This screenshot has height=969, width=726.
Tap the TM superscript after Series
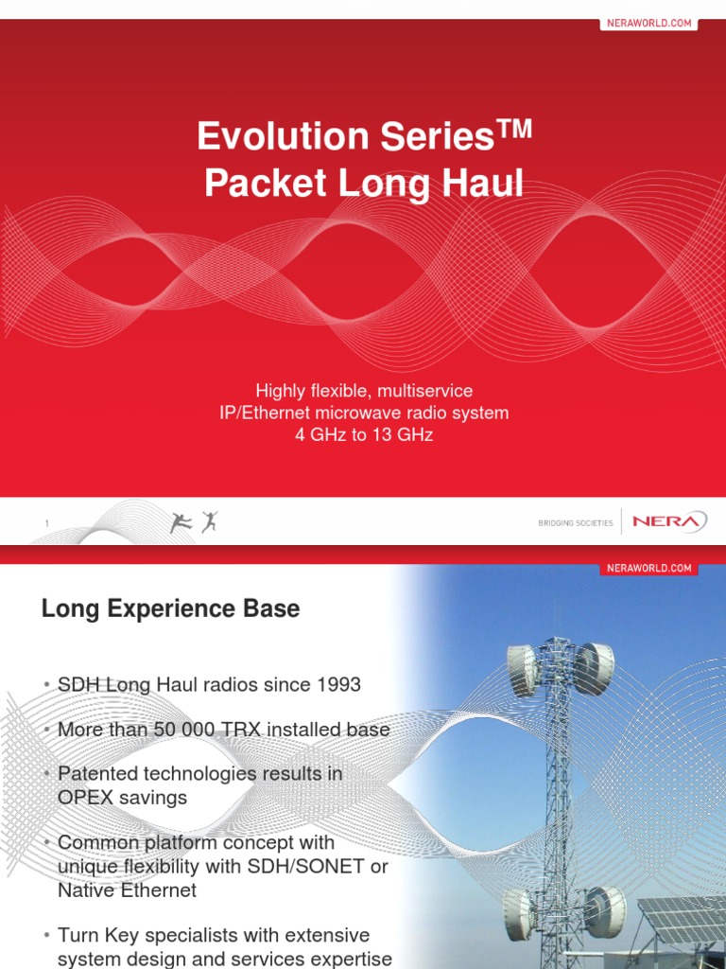click(x=514, y=128)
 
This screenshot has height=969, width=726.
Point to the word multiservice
click(x=423, y=391)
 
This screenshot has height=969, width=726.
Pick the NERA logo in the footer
click(x=668, y=521)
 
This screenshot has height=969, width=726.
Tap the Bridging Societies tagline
click(x=575, y=523)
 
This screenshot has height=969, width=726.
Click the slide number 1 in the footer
click(x=45, y=523)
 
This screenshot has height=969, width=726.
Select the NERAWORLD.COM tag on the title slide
click(x=648, y=23)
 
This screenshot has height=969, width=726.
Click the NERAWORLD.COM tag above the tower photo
click(x=648, y=568)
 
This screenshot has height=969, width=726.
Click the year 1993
click(x=337, y=685)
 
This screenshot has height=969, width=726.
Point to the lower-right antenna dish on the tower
click(x=605, y=910)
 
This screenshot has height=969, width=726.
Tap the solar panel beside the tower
click(x=683, y=924)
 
